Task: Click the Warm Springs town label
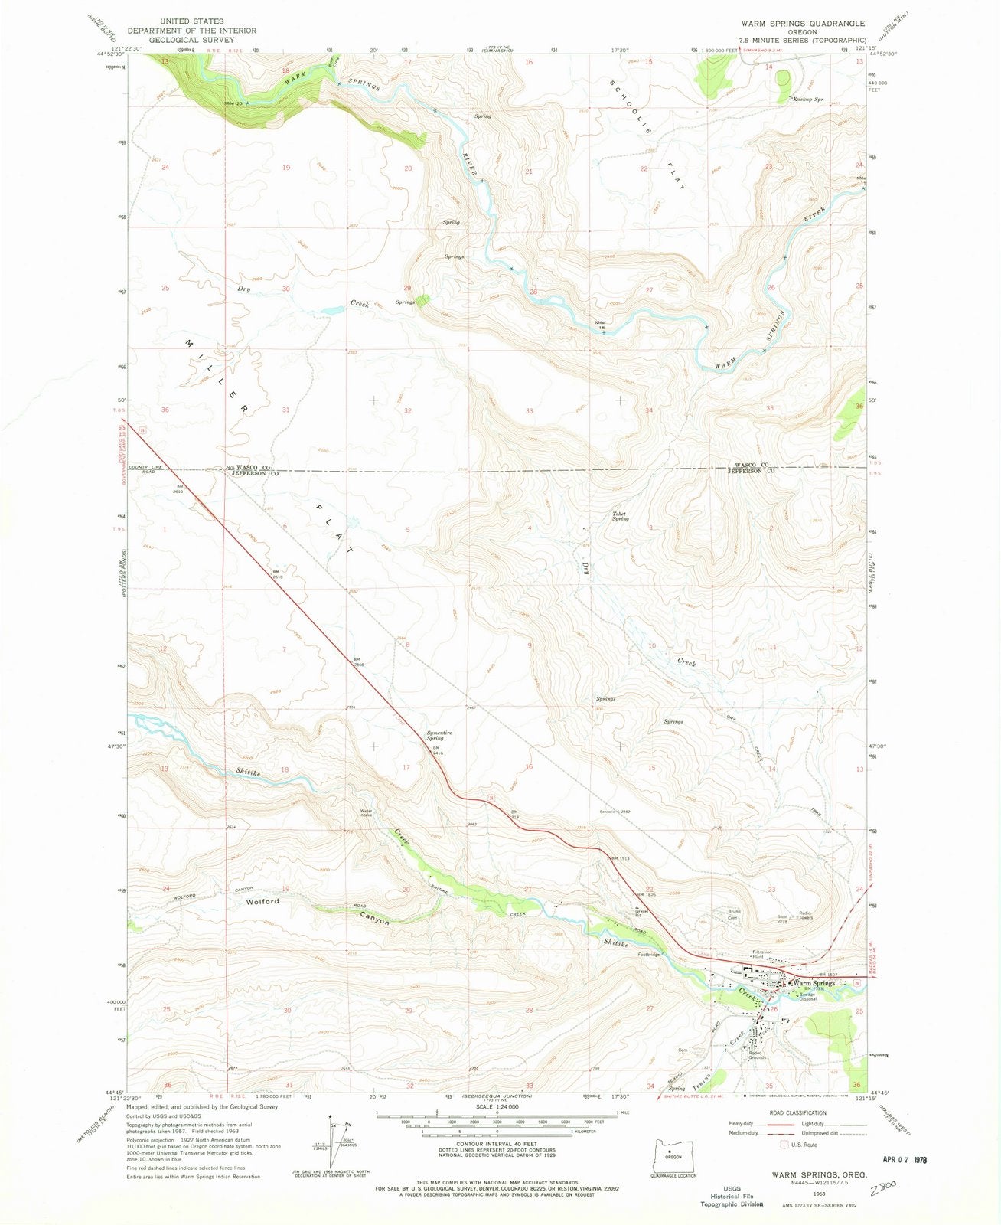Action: [x=814, y=983]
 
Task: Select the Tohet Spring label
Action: [x=620, y=516]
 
